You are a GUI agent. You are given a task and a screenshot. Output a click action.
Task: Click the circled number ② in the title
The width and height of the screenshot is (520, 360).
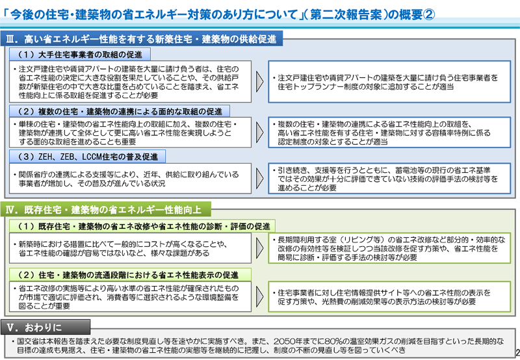tap(429, 14)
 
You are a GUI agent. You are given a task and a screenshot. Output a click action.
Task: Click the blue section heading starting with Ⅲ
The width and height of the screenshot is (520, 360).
tap(141, 39)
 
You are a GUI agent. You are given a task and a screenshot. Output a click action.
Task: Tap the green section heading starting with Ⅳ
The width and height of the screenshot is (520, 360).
tap(105, 209)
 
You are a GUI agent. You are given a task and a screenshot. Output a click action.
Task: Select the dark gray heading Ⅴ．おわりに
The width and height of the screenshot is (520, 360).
tap(45, 328)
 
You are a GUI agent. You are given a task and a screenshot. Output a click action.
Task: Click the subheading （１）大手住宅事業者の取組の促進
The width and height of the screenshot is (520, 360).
tap(80, 55)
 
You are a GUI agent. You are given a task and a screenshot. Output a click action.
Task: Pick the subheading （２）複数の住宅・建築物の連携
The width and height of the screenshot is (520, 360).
tap(120, 111)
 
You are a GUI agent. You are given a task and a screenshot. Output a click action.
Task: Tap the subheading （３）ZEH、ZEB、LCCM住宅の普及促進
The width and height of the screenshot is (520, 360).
tap(88, 157)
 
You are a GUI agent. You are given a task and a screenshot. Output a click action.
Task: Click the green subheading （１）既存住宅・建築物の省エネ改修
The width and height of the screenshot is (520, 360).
tap(142, 226)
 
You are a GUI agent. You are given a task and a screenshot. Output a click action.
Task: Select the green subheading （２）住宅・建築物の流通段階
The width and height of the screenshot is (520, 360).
tap(131, 275)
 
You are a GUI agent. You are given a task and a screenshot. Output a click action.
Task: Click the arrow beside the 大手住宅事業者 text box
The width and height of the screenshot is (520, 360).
tap(259, 81)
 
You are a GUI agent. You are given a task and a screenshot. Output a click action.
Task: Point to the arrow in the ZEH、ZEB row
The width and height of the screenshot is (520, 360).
tap(259, 178)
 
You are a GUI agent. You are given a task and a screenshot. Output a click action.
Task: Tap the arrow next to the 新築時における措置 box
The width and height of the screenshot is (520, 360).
tap(259, 248)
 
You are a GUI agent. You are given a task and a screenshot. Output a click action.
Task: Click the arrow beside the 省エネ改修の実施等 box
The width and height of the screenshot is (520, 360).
tap(259, 296)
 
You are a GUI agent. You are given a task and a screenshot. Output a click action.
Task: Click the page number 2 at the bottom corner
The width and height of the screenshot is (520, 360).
tap(517, 352)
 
